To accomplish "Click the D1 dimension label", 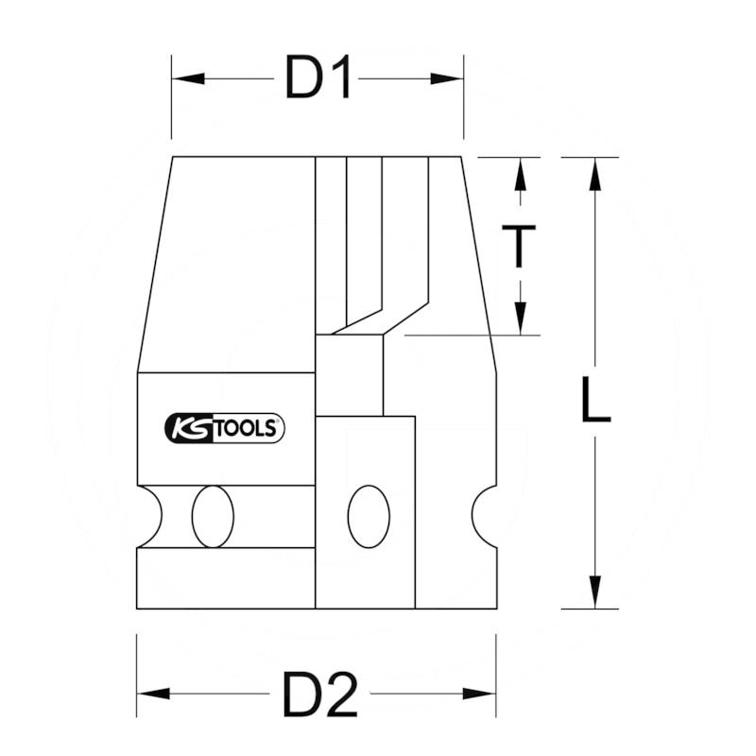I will click(318, 79).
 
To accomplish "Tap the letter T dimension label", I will click(519, 246).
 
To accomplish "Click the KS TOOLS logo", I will click(225, 429).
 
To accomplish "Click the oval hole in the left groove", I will click(212, 517).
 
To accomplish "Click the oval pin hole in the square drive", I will click(368, 517).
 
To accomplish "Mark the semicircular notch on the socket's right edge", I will click(486, 517).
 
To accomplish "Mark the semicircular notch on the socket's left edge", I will click(148, 517).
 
